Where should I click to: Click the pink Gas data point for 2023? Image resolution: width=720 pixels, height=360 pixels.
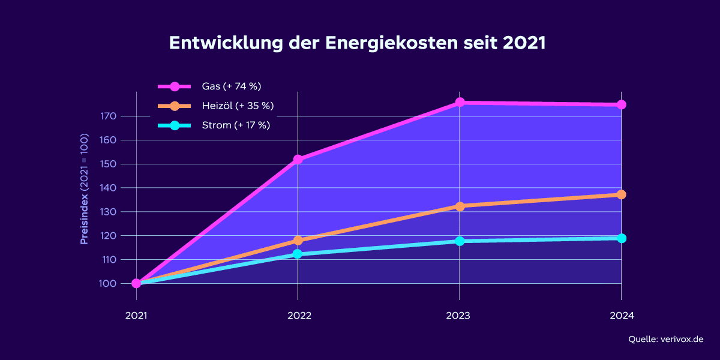tap(460, 103)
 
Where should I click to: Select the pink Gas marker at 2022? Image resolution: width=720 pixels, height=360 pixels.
tap(298, 160)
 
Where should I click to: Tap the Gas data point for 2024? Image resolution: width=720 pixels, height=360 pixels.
tap(621, 104)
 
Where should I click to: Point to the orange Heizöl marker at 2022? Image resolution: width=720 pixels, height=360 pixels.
tap(298, 241)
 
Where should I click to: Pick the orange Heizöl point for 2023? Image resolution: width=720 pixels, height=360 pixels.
tap(460, 206)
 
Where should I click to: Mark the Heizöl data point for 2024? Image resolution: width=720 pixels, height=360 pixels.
tap(621, 194)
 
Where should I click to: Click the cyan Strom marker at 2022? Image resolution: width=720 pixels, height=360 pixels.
tap(298, 254)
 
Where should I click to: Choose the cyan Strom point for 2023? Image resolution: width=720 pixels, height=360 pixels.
tap(460, 241)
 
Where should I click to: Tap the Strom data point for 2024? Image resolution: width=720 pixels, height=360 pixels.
tap(621, 238)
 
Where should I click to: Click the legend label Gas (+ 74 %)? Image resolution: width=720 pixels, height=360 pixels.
tap(232, 86)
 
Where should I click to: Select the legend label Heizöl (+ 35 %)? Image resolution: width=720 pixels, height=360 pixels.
tap(238, 106)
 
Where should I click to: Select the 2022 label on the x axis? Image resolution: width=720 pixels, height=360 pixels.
tap(298, 315)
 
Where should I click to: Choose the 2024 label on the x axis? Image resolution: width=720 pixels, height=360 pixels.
tap(621, 315)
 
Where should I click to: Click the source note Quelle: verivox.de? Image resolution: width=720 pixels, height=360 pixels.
tap(665, 340)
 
